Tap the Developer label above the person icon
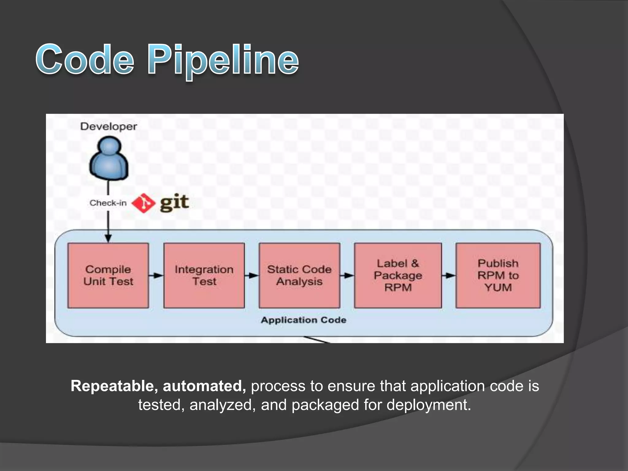click(109, 126)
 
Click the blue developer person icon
click(109, 158)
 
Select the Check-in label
click(108, 203)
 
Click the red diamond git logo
click(143, 203)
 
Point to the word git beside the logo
click(174, 202)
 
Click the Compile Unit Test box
click(108, 275)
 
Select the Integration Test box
click(204, 275)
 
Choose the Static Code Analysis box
click(299, 275)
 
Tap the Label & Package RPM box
click(398, 275)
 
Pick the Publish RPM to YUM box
click(498, 275)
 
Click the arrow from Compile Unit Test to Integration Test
click(156, 275)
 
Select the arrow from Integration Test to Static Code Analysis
click(252, 275)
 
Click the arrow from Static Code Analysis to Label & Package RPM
click(347, 275)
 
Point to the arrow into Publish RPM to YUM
click(449, 275)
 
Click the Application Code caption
click(304, 320)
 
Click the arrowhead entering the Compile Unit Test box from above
click(108, 239)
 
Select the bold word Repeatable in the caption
click(114, 386)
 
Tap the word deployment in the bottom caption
click(428, 405)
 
